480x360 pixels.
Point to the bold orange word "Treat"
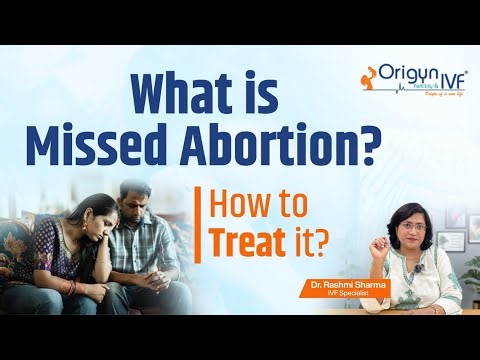[x=245, y=214]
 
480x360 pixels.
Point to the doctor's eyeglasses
[x=376, y=220]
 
